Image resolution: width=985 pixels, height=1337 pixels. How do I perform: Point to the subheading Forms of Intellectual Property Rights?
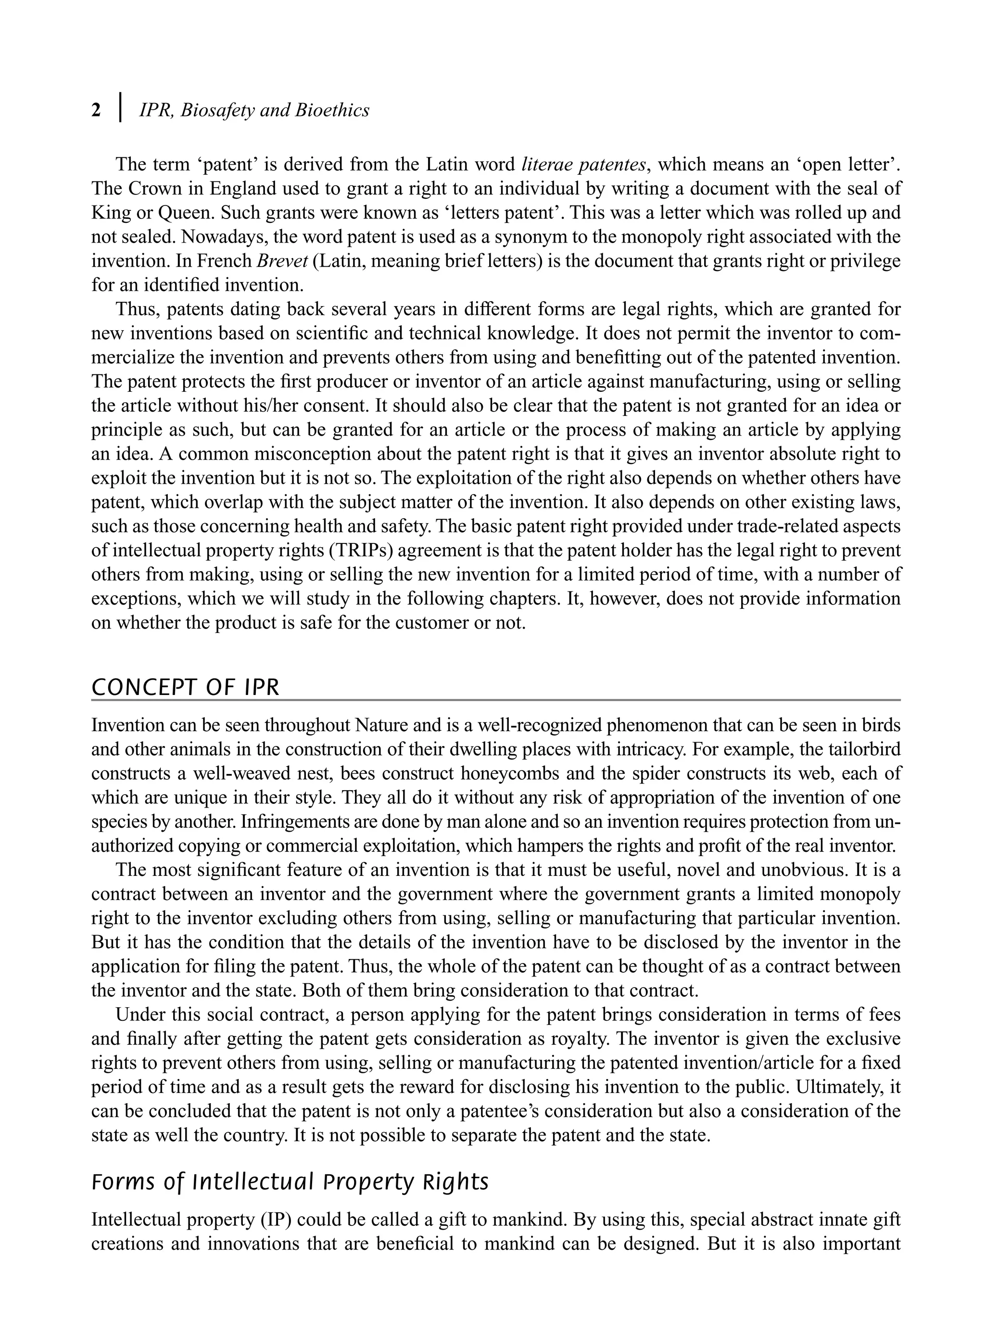[290, 1182]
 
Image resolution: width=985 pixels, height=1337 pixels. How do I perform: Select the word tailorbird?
[860, 750]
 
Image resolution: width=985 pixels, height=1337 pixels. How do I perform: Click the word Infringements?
[295, 822]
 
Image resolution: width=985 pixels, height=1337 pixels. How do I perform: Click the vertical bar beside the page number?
[121, 107]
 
